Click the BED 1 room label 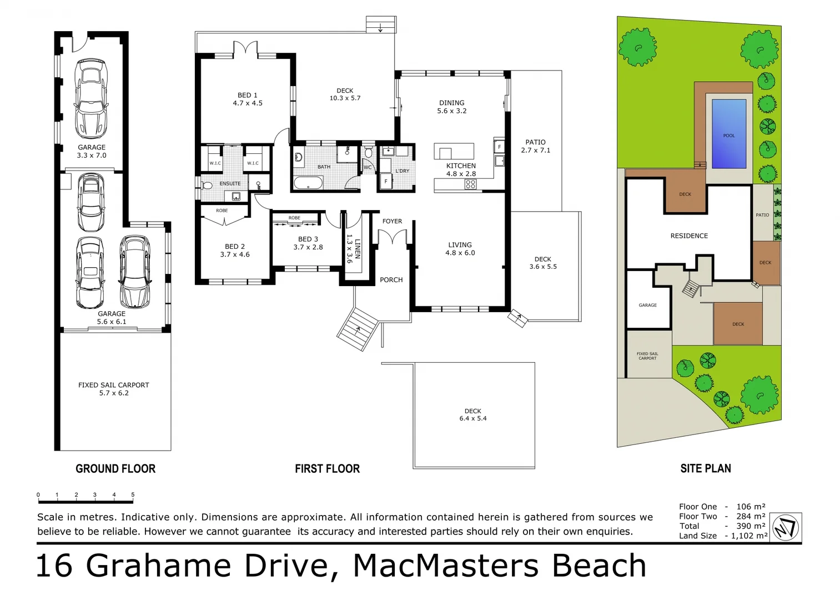pyautogui.click(x=248, y=99)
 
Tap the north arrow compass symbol pyautogui.click(x=786, y=527)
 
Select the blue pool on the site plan pyautogui.click(x=728, y=134)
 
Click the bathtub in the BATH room pyautogui.click(x=308, y=183)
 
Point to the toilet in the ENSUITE pyautogui.click(x=207, y=185)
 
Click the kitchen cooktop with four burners pyautogui.click(x=470, y=184)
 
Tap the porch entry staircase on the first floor pyautogui.click(x=358, y=328)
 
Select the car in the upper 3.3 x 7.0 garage pyautogui.click(x=92, y=98)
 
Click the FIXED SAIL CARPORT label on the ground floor pyautogui.click(x=114, y=388)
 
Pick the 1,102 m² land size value pyautogui.click(x=749, y=536)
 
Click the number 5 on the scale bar pyautogui.click(x=133, y=494)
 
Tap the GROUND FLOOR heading pyautogui.click(x=115, y=469)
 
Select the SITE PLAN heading pyautogui.click(x=705, y=469)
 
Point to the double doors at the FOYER pyautogui.click(x=393, y=238)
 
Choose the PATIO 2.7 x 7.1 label pyautogui.click(x=535, y=146)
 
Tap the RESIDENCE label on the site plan pyautogui.click(x=689, y=236)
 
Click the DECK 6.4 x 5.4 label pyautogui.click(x=473, y=414)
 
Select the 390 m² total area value pyautogui.click(x=751, y=526)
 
